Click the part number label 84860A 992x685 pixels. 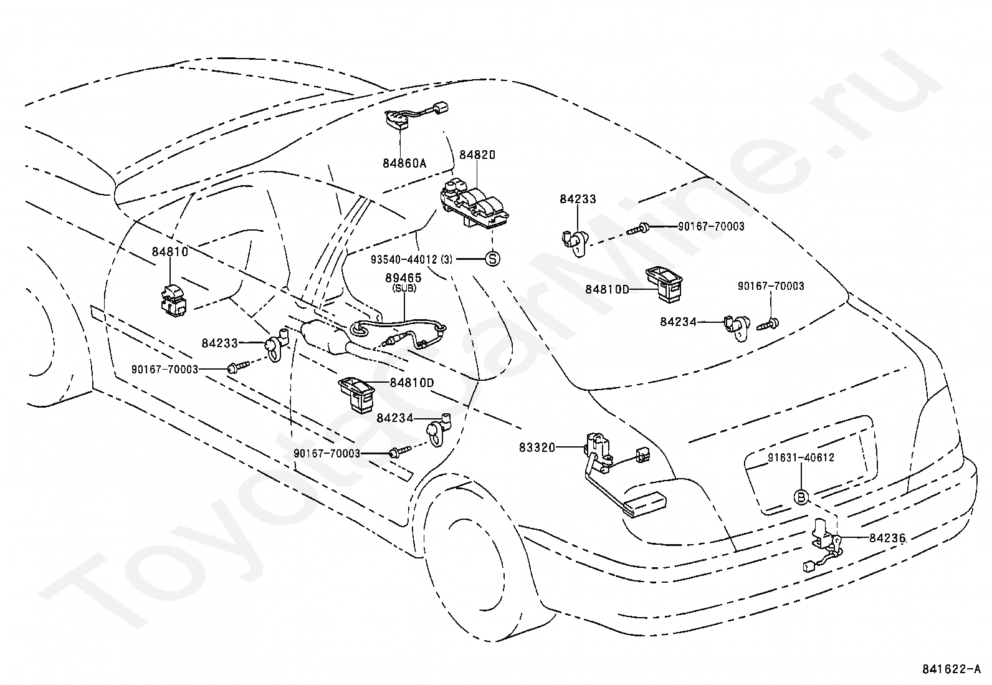[x=404, y=163]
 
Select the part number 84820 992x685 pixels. [x=477, y=155]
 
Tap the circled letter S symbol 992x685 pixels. [x=492, y=258]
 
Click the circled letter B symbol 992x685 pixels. [x=801, y=497]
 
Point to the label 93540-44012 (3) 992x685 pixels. [x=411, y=259]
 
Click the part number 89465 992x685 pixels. [x=403, y=278]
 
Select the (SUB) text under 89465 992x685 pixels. [x=403, y=289]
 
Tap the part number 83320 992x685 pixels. [x=537, y=448]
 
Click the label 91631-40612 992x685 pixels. [x=801, y=457]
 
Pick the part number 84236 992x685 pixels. [x=887, y=538]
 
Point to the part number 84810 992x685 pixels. [x=169, y=252]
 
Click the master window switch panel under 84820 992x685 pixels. [x=474, y=207]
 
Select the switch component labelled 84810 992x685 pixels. [x=173, y=301]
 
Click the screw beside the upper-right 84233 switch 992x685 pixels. [x=637, y=230]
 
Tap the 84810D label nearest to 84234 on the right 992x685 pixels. [x=607, y=289]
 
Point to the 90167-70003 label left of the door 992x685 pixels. [x=165, y=369]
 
